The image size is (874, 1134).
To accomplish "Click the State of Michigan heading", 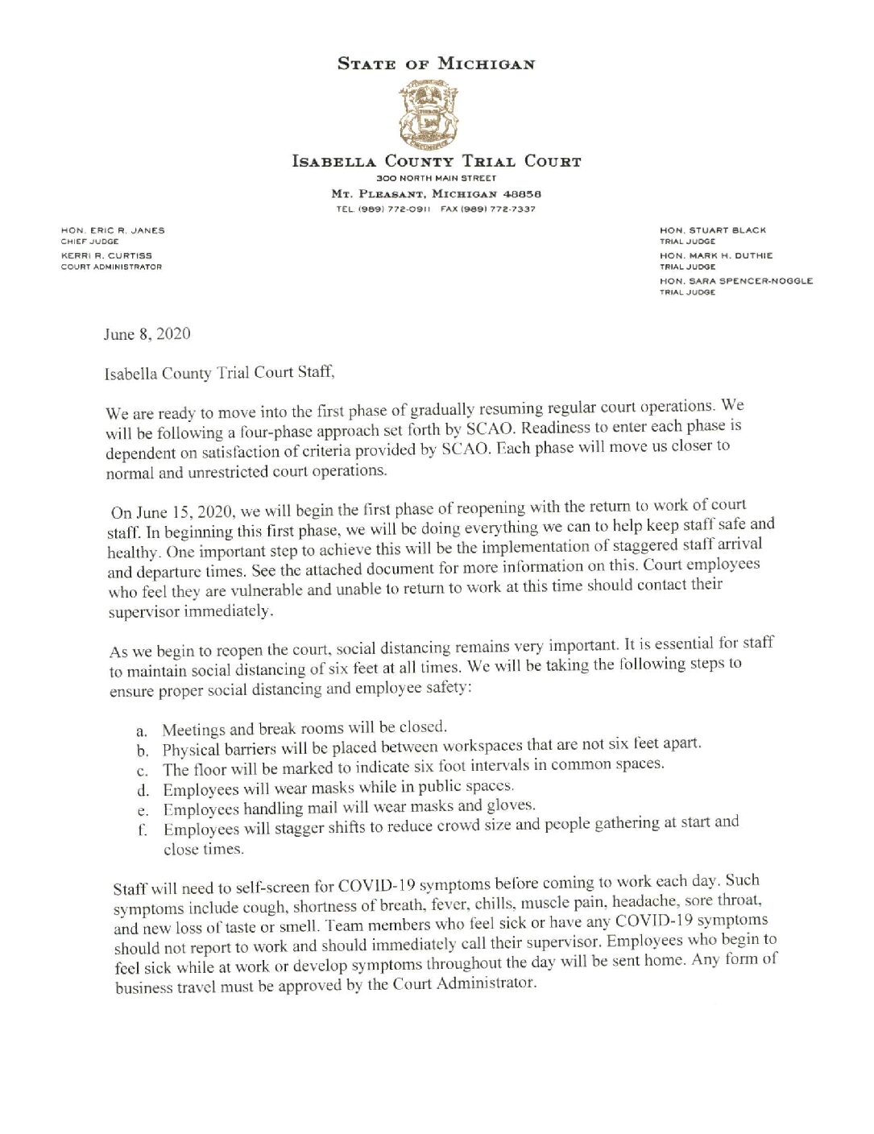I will tap(436, 64).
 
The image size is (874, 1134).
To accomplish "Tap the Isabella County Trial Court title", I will tap(436, 161).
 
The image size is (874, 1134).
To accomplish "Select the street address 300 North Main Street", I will tap(436, 178).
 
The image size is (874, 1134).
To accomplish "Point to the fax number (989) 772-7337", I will tap(487, 209).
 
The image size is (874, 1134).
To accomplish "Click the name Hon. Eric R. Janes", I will tap(113, 230).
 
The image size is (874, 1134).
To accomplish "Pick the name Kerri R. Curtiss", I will tap(106, 255).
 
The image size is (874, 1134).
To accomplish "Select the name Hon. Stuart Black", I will tap(713, 230).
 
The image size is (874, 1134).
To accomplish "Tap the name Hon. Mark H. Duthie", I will tap(716, 255).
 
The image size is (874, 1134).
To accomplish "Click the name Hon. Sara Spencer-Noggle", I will tap(736, 281).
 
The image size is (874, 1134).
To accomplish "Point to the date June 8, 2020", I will tap(147, 333).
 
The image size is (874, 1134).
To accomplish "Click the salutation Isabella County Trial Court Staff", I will tap(218, 373).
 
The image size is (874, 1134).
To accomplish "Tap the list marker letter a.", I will tap(142, 732).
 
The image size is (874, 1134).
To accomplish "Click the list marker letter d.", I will tap(143, 791).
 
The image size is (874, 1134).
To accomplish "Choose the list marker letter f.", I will tap(142, 830).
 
